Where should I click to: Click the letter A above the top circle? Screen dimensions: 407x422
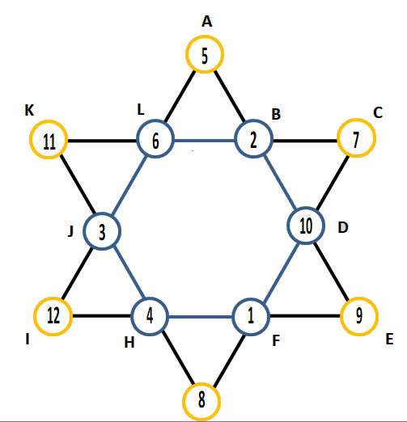click(x=207, y=22)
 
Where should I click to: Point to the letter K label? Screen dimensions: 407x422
click(x=29, y=110)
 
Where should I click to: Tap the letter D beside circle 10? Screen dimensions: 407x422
click(x=343, y=227)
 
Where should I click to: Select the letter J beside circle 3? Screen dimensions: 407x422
click(x=70, y=231)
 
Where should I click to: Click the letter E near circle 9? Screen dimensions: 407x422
click(x=389, y=339)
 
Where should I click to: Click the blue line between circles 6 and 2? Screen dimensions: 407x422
click(x=204, y=141)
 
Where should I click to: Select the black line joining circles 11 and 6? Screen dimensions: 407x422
click(x=102, y=141)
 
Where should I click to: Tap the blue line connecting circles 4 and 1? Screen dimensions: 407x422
click(x=200, y=317)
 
